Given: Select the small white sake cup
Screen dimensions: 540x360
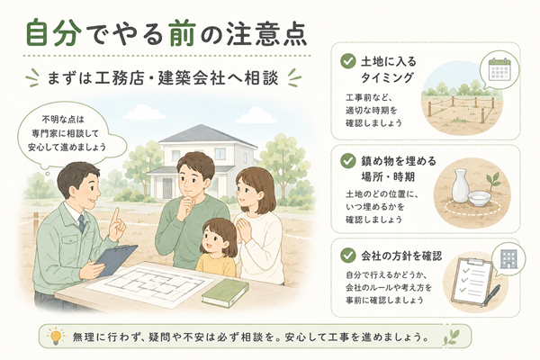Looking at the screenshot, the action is pos(480,198).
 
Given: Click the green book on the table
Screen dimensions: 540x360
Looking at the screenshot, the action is pos(225,292).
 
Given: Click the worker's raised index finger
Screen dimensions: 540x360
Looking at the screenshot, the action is pos(116,215).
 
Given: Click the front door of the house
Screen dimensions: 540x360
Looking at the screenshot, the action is pos(167,188).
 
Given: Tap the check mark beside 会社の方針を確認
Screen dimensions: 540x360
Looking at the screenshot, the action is pos(347,256).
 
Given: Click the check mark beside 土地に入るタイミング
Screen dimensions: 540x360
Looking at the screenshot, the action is pos(347,61).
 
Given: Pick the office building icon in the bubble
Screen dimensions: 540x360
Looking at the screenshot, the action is pos(508,259).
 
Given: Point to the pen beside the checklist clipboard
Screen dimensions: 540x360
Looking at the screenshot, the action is pos(490,295).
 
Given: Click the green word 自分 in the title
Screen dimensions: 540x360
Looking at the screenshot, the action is pos(54,33).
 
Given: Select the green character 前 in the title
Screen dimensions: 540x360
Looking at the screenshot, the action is pos(183,33).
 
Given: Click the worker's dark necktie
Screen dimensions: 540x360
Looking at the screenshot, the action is pos(82,223).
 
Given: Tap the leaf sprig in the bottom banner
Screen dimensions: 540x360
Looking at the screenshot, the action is pos(451,337).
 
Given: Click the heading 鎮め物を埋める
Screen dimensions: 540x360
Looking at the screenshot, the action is pos(399,161).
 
